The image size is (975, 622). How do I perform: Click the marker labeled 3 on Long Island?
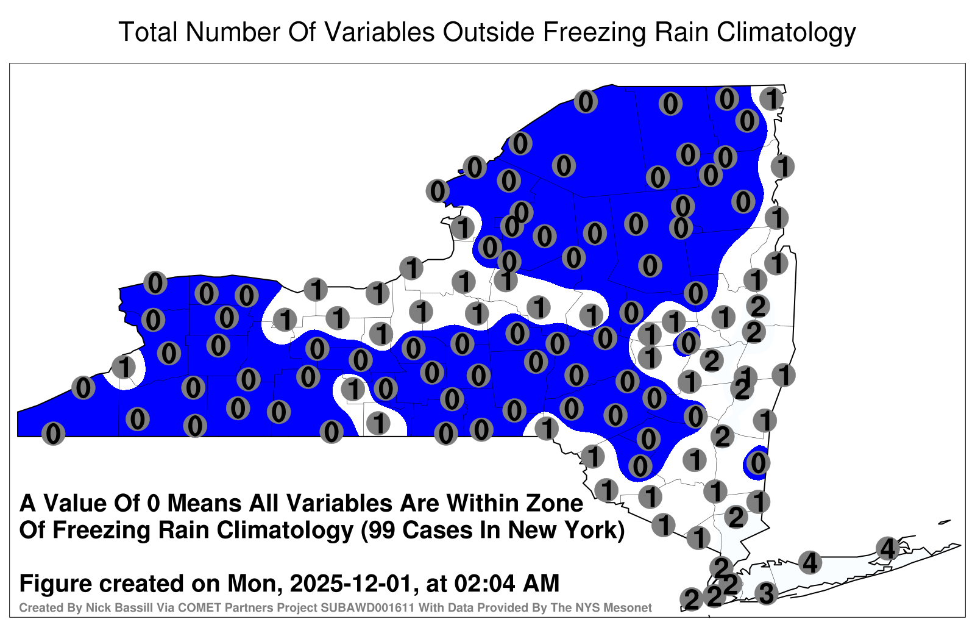click(x=766, y=593)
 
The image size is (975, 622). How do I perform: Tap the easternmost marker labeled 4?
click(x=887, y=548)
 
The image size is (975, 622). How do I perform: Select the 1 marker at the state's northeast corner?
click(x=771, y=99)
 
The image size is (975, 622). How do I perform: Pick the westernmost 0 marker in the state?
click(x=53, y=434)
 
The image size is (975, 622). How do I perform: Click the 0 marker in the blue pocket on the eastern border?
click(x=758, y=463)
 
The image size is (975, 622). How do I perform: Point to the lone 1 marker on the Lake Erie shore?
click(x=124, y=366)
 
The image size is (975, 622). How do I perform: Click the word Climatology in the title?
click(x=786, y=32)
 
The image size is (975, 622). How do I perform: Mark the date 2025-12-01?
click(x=350, y=583)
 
